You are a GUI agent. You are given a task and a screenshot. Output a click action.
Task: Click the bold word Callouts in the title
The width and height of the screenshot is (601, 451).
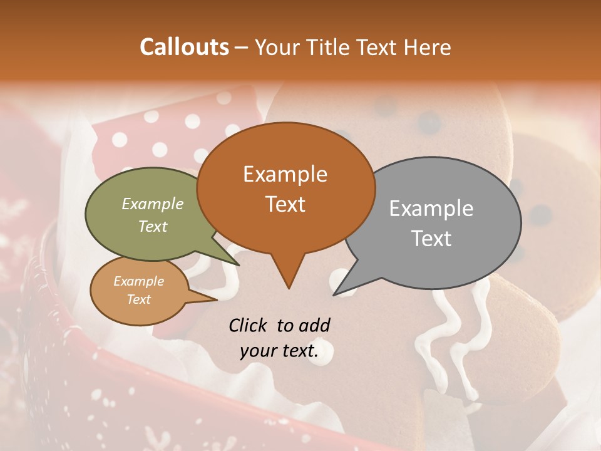(x=184, y=47)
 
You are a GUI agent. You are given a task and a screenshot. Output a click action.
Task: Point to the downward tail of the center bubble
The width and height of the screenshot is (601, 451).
(x=289, y=276)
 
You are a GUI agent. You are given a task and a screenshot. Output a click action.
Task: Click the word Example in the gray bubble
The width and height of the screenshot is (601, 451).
(x=431, y=209)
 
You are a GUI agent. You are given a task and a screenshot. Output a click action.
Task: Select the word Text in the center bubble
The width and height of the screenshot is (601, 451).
(x=285, y=204)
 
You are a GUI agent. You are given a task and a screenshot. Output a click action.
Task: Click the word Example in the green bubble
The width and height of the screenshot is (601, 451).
(x=153, y=204)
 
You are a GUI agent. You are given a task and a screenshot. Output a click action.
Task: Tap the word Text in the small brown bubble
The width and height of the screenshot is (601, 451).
(x=138, y=299)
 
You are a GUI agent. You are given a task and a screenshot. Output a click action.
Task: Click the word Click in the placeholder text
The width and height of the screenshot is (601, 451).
(x=250, y=325)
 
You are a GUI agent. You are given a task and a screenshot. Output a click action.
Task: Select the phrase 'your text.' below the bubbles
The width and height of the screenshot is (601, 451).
(x=279, y=351)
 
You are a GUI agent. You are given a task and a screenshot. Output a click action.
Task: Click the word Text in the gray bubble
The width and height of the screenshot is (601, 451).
(x=432, y=239)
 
